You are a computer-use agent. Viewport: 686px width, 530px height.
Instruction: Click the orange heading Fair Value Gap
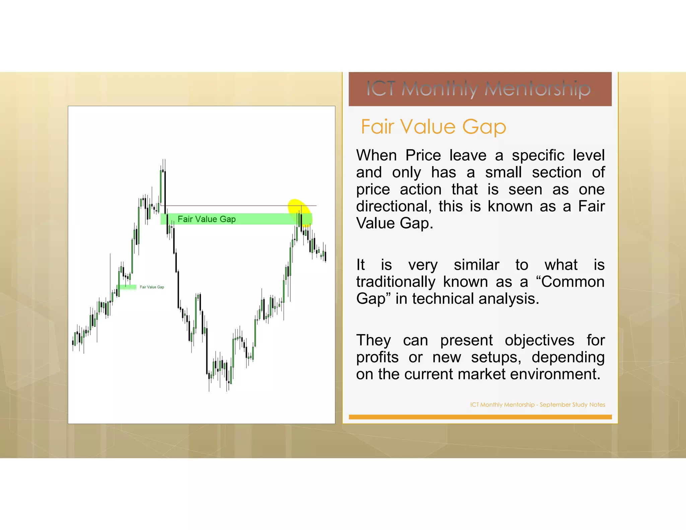click(433, 127)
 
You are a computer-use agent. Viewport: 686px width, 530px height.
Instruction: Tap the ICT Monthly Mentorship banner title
click(478, 89)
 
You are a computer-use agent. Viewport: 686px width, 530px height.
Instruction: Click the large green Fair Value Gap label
click(206, 219)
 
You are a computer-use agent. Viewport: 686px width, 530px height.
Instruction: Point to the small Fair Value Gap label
click(152, 287)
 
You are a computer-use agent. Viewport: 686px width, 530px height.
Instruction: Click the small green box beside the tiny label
click(128, 287)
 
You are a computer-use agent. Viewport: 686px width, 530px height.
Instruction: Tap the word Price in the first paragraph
click(423, 155)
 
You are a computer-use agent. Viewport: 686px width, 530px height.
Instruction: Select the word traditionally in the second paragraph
click(395, 282)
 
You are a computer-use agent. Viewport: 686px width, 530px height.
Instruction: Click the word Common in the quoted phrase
click(572, 282)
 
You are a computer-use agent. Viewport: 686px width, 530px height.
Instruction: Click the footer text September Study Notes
click(572, 405)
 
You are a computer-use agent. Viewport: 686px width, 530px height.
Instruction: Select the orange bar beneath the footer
click(480, 417)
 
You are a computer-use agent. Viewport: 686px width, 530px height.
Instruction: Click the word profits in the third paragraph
click(377, 357)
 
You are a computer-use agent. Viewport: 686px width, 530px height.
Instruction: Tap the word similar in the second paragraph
click(476, 265)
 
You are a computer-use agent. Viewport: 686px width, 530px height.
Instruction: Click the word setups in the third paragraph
click(496, 357)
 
